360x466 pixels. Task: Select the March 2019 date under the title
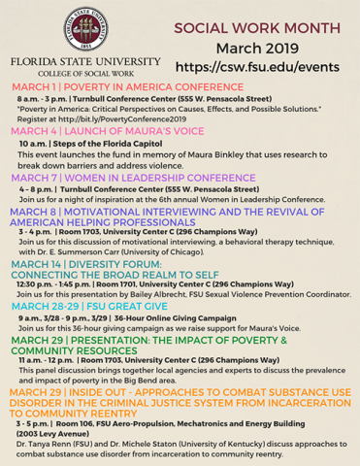265,46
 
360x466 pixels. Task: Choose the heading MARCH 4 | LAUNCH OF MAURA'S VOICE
106,131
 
